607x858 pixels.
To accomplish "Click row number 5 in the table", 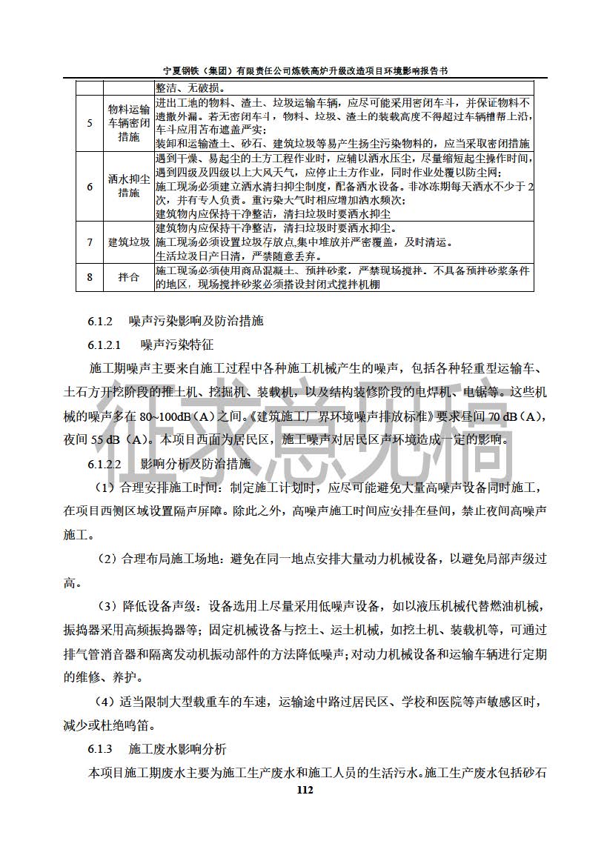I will [90, 123].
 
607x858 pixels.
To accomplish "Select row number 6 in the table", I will [90, 187].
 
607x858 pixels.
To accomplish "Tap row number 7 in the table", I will [90, 242].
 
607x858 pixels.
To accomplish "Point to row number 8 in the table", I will [90, 277].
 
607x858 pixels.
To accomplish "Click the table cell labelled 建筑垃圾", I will [128, 242].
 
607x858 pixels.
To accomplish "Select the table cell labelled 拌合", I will [128, 277].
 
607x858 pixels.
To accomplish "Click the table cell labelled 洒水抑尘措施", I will [128, 187].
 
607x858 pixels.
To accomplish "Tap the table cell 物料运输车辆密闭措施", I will [128, 123].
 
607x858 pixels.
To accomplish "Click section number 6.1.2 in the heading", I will [99, 322].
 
